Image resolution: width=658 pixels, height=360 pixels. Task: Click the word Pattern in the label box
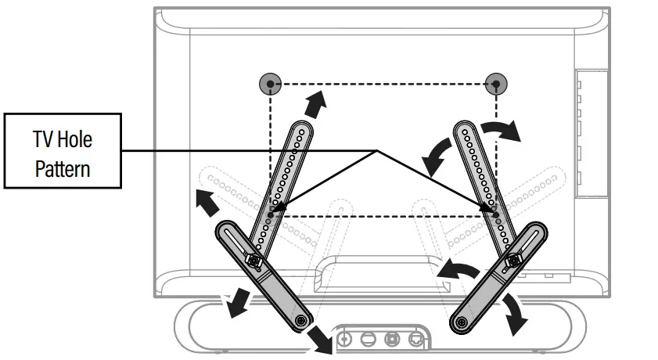63,167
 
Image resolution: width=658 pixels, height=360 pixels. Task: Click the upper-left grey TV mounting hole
269,84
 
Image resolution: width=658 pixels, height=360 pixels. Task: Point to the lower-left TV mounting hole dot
270,213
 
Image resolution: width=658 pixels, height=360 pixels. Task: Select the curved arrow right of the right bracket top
502,130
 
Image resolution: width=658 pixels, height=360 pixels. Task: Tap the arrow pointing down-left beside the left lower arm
234,304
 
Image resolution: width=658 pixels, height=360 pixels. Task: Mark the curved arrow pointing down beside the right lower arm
514,313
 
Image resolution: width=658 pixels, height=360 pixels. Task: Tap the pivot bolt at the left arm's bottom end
301,319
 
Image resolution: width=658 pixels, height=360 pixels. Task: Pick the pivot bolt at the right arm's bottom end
462,319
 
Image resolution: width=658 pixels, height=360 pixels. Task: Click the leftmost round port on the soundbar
345,339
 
